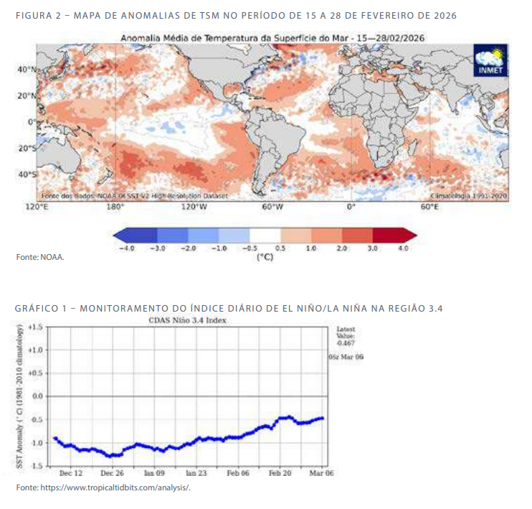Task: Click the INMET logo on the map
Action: click(490, 60)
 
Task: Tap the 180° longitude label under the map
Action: click(115, 207)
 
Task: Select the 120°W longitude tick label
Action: click(194, 207)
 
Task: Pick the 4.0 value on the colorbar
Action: click(402, 248)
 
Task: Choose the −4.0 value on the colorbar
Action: click(128, 248)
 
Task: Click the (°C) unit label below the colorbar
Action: click(265, 256)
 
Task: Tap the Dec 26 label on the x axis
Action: click(112, 473)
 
